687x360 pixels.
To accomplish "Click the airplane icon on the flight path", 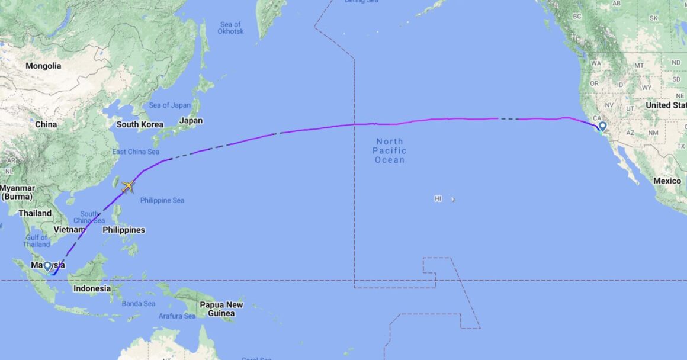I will pos(128,187).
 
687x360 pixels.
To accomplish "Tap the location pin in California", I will pos(602,127).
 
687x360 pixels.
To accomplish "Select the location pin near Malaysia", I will pos(47,266).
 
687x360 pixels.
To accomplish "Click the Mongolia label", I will pos(43,66).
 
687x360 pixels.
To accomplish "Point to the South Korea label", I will pos(140,124).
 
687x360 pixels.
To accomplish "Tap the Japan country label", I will pos(191,120).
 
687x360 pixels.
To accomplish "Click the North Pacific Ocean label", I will pos(389,150).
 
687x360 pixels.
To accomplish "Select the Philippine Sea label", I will pos(162,200).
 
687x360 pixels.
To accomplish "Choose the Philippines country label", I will pos(124,230).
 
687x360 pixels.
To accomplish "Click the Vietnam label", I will pos(66,229).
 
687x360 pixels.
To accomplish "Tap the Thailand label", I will pos(35,213).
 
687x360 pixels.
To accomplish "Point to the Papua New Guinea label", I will pos(221,309).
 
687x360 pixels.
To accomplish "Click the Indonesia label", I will pos(92,288).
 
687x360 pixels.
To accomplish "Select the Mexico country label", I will pos(667,181).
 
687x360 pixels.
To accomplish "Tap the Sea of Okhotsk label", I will pos(230,28).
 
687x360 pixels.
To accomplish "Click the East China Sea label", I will pos(136,152).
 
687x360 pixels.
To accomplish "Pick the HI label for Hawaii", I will pos(438,199).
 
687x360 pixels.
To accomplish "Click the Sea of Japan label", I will pos(169,105).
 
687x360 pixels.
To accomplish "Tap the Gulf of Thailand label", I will pos(37,241).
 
